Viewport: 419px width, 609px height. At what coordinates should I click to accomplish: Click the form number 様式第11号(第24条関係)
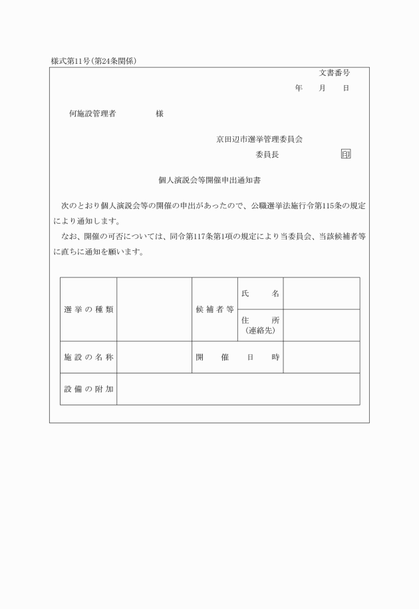point(98,61)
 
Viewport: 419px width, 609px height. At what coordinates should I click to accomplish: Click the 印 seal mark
point(345,154)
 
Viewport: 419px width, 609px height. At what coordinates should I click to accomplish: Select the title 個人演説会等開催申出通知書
point(209,180)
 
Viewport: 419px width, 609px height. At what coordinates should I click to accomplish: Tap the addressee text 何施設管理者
point(92,114)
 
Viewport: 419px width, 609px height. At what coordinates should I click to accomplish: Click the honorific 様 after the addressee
point(160,114)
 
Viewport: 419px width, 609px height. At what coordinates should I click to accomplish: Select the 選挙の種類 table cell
point(88,309)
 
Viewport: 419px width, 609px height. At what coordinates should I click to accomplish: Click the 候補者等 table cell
point(214,309)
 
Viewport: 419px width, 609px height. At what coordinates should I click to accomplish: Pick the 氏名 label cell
point(259,294)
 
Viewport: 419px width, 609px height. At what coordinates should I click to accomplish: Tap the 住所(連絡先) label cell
point(259,325)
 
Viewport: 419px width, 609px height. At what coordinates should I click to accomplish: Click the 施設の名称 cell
point(88,357)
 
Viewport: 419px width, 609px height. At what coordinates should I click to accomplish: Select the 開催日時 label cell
point(237,357)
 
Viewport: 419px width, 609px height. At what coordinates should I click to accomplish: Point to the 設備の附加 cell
point(88,389)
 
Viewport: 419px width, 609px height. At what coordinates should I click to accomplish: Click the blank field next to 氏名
point(321,294)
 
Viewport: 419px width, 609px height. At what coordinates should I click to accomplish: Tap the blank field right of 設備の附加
point(238,389)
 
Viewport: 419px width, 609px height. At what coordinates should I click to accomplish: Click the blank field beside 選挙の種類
point(154,309)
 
